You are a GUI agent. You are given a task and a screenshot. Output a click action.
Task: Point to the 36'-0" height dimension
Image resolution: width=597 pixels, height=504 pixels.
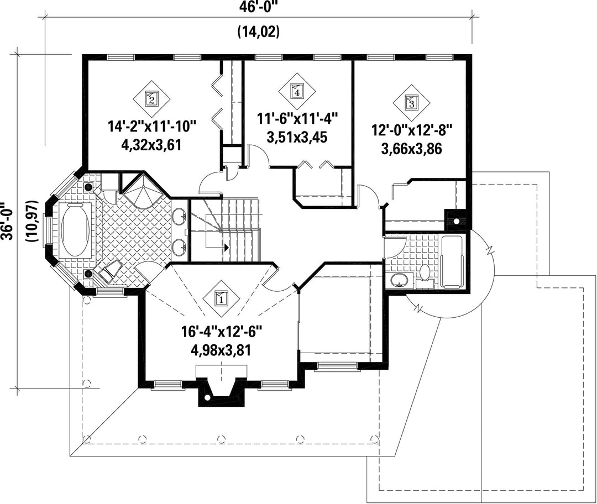click(x=7, y=220)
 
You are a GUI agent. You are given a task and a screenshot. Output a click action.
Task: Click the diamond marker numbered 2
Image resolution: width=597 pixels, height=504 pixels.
click(x=151, y=99)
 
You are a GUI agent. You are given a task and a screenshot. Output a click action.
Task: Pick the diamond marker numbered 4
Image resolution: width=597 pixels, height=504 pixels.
click(x=297, y=91)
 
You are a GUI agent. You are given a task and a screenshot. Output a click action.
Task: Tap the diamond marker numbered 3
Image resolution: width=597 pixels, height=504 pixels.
click(x=411, y=102)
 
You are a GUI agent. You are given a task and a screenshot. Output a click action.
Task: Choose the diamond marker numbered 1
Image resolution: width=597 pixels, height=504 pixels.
click(x=221, y=298)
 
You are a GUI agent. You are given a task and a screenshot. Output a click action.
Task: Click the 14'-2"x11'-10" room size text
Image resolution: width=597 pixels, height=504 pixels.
click(x=152, y=126)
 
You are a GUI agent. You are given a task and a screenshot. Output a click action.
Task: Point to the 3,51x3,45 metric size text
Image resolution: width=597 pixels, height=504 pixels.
click(x=297, y=137)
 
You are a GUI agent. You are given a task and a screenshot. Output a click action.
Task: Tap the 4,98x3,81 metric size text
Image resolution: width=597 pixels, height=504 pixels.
click(x=221, y=350)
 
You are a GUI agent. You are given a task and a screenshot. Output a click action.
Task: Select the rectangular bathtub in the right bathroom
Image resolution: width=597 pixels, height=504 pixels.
click(x=452, y=262)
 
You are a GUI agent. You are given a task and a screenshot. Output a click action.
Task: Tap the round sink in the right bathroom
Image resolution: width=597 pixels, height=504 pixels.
click(x=399, y=281)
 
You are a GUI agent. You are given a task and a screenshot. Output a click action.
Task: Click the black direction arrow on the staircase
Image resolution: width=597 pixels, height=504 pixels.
click(x=227, y=248)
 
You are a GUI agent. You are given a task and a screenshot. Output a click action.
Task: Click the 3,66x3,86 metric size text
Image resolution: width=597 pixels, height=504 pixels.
click(x=412, y=149)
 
